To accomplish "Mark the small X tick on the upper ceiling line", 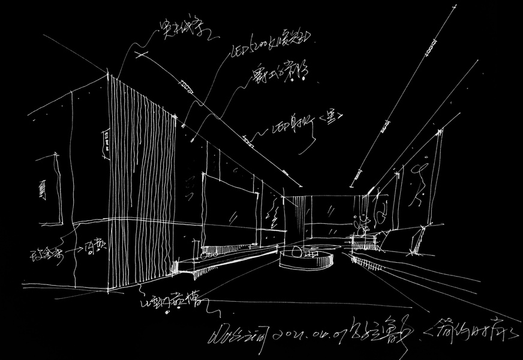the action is point(142,55).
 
